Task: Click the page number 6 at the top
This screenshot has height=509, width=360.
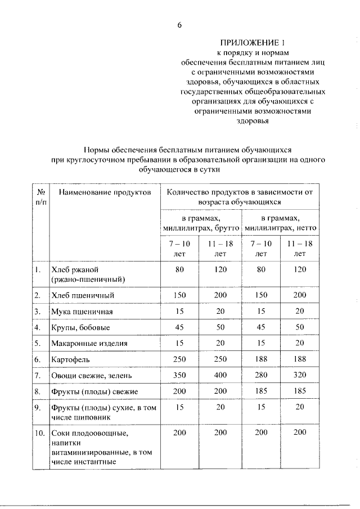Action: tap(179, 24)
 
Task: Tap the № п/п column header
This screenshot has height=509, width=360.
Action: tap(40, 197)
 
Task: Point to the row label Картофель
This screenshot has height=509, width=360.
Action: tap(70, 358)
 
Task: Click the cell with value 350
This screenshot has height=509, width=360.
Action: tap(179, 374)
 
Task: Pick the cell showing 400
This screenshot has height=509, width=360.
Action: tap(220, 374)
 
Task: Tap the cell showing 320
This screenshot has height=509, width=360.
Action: tap(300, 374)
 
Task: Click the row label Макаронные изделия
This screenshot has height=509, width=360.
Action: tap(89, 343)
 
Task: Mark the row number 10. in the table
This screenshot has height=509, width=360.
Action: tap(40, 433)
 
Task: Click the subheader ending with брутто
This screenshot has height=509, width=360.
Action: tap(201, 223)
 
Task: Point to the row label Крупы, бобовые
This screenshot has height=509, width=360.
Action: tap(80, 327)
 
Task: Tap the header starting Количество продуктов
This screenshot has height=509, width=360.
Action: tap(240, 197)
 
